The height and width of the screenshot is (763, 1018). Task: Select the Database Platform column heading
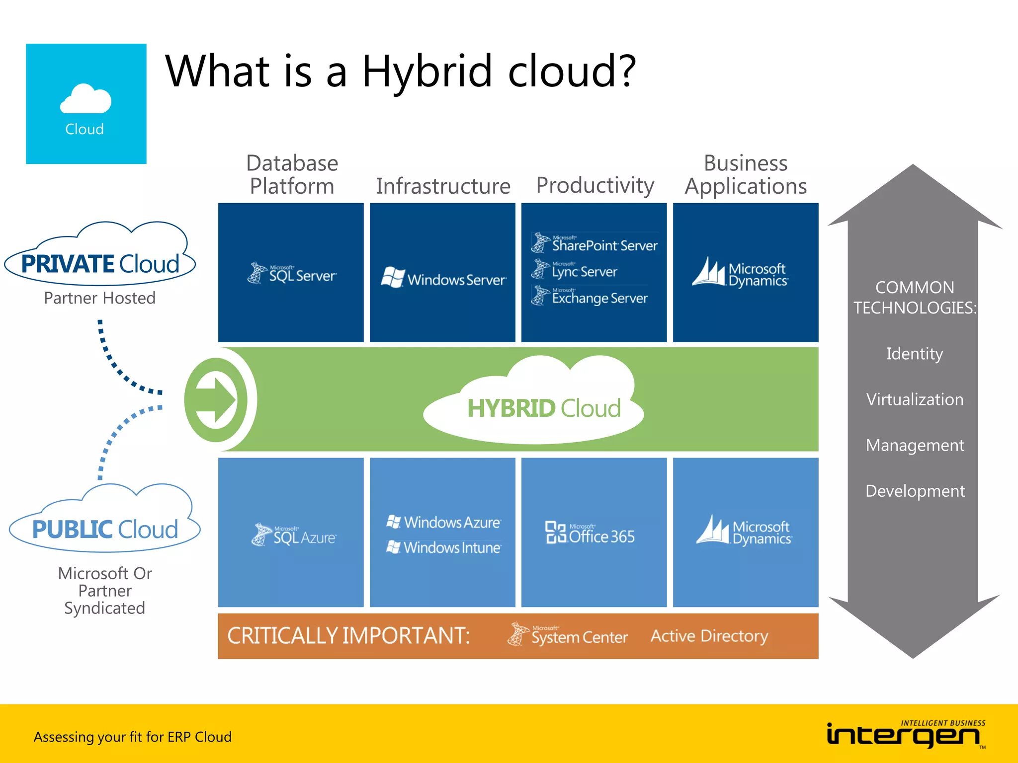[x=292, y=174]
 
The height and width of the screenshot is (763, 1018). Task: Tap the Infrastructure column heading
[x=443, y=186]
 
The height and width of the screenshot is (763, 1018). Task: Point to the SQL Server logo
[x=292, y=273]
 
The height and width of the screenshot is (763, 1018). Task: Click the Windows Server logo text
[x=456, y=280]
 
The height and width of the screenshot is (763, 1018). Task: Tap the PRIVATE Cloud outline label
[x=100, y=263]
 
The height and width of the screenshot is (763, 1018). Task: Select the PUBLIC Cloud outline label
[x=105, y=529]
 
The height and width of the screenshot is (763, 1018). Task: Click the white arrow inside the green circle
[x=216, y=400]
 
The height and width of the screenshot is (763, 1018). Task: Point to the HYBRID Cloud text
[x=544, y=408]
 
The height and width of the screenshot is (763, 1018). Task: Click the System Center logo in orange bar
[x=568, y=635]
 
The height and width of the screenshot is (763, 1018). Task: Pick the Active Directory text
[x=709, y=636]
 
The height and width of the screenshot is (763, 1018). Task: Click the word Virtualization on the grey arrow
[x=915, y=399]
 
